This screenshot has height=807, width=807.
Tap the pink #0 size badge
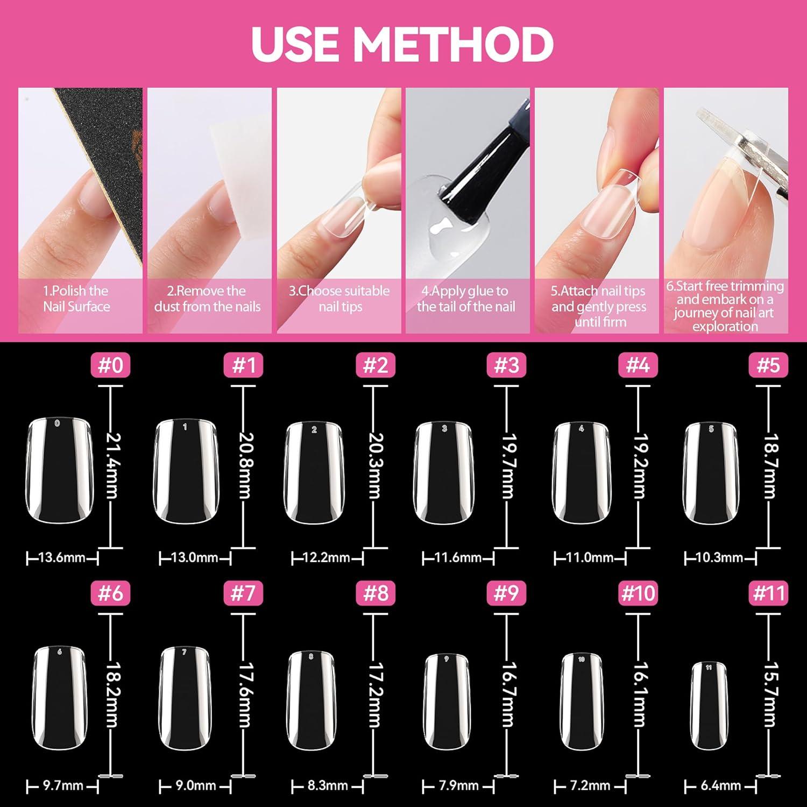(x=111, y=365)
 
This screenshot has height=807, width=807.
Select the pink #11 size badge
(x=769, y=593)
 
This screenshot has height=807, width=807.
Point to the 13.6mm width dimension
(x=62, y=557)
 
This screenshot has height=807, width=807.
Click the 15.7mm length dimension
(x=770, y=694)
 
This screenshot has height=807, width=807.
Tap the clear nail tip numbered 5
(x=710, y=472)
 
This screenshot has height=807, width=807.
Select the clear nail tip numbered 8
(x=310, y=700)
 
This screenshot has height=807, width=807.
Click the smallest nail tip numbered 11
(x=709, y=706)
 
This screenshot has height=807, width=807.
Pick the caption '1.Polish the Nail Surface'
(x=76, y=299)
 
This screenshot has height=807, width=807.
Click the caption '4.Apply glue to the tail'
(x=466, y=299)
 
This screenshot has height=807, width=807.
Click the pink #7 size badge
(x=243, y=593)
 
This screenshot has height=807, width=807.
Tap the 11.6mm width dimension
(x=458, y=557)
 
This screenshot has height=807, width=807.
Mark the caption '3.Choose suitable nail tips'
(x=339, y=299)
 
